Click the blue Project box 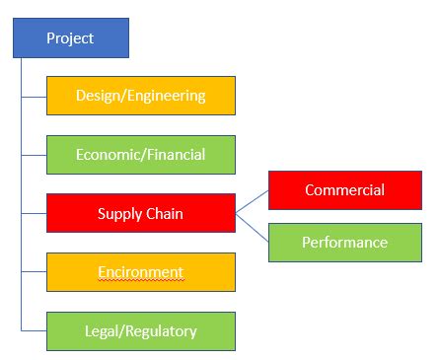point(70,38)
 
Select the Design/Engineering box point(141,96)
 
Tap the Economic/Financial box point(141,155)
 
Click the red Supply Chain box point(141,213)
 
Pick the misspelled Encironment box point(141,272)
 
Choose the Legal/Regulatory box point(141,331)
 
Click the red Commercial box point(344,190)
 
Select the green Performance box point(344,243)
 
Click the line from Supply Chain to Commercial point(252,201)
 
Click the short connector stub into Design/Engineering point(34,96)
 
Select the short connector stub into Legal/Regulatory point(34,331)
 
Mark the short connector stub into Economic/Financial point(34,155)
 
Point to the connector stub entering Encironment point(34,272)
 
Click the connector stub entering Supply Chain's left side point(34,213)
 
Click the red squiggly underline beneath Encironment point(140,280)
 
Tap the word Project point(70,38)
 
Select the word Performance point(344,243)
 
